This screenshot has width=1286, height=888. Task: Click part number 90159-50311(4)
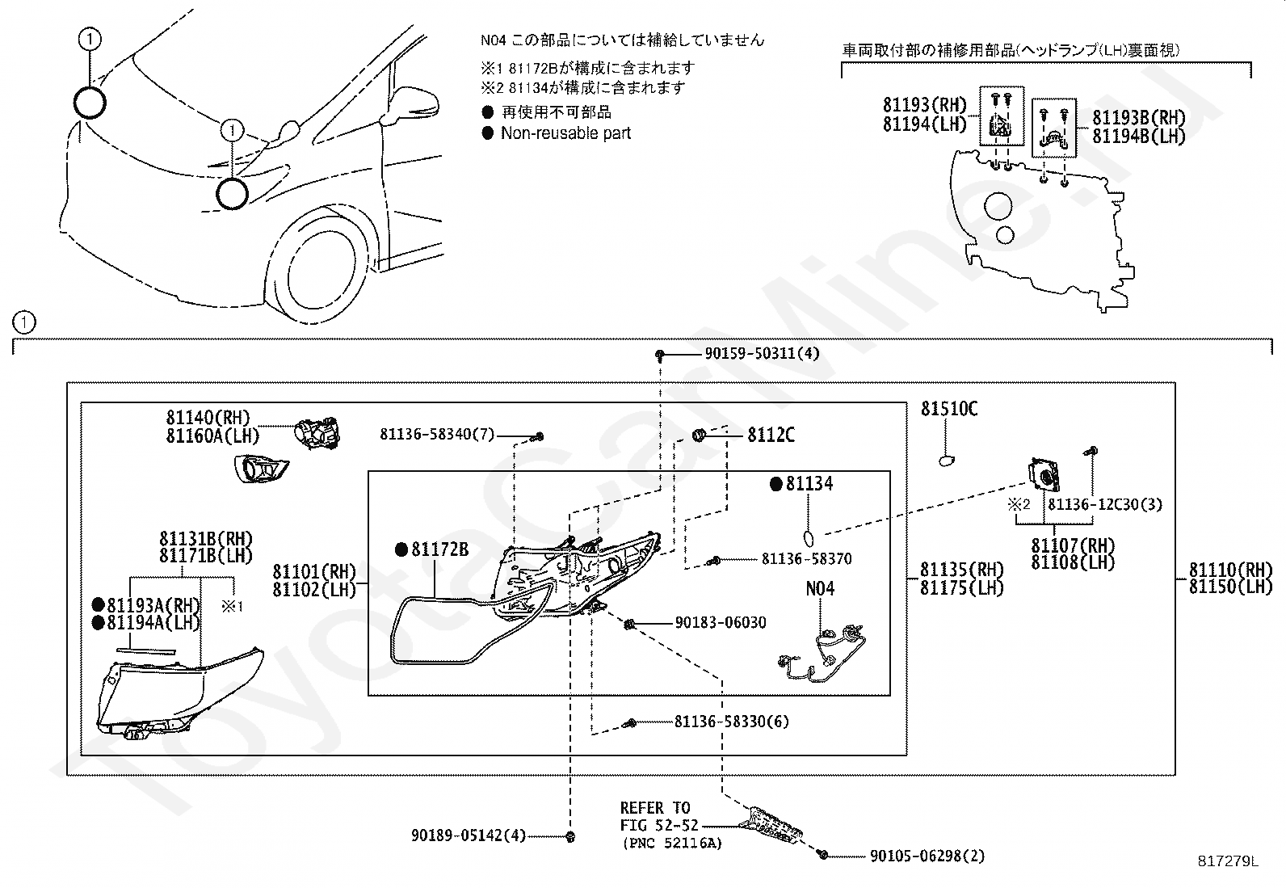tap(762, 353)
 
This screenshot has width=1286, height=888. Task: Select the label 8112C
tap(771, 436)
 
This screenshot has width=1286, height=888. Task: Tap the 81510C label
tap(949, 409)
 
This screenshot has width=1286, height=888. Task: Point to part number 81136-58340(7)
tap(437, 434)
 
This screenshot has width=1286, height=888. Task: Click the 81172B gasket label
tap(439, 549)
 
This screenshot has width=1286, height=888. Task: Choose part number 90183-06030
tap(721, 623)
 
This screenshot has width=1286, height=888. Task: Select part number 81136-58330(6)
tap(731, 722)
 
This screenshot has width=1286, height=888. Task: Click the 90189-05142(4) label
tap(469, 835)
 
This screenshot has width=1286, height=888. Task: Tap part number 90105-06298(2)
tap(927, 856)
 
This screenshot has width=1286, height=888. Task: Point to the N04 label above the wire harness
tap(820, 589)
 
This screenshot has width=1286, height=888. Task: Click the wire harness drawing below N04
tap(822, 654)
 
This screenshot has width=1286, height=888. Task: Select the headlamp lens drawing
tap(179, 693)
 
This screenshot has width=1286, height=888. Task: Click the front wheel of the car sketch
tap(325, 269)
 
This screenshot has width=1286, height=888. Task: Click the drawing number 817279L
tap(1228, 861)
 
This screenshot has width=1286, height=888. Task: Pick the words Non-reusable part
tap(565, 133)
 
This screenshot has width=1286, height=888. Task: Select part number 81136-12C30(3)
tap(1105, 504)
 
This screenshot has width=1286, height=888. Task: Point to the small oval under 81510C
tap(947, 460)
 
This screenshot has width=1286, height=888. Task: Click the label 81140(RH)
tap(208, 418)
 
